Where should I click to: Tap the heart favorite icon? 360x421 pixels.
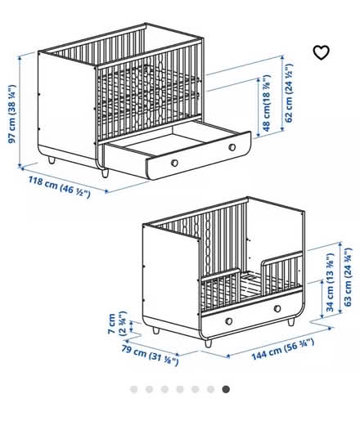click(x=321, y=52)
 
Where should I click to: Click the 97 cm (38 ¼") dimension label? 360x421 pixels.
click(x=12, y=114)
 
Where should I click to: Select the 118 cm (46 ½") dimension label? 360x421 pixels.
click(x=59, y=186)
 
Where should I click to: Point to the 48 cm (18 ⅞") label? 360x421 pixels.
click(x=267, y=103)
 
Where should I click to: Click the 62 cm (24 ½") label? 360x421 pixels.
click(x=288, y=93)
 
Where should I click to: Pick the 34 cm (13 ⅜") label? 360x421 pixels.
click(x=330, y=283)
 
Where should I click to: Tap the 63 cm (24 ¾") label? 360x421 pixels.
click(x=348, y=277)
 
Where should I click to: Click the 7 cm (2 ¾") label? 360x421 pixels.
click(x=117, y=323)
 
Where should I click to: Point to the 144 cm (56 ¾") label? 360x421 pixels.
click(x=282, y=349)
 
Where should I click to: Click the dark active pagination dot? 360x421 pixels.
click(x=226, y=389)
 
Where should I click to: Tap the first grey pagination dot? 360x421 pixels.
click(x=134, y=389)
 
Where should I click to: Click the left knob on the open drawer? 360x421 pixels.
click(x=174, y=163)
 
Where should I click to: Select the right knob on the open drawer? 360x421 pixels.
click(x=232, y=147)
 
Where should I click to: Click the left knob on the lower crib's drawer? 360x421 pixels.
click(x=229, y=321)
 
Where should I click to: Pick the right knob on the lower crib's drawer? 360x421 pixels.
click(x=277, y=309)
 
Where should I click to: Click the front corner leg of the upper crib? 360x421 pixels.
click(x=105, y=172)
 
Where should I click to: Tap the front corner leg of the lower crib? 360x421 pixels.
click(x=208, y=343)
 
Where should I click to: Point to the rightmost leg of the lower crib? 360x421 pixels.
click(x=291, y=322)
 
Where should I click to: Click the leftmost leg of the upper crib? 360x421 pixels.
click(x=52, y=160)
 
